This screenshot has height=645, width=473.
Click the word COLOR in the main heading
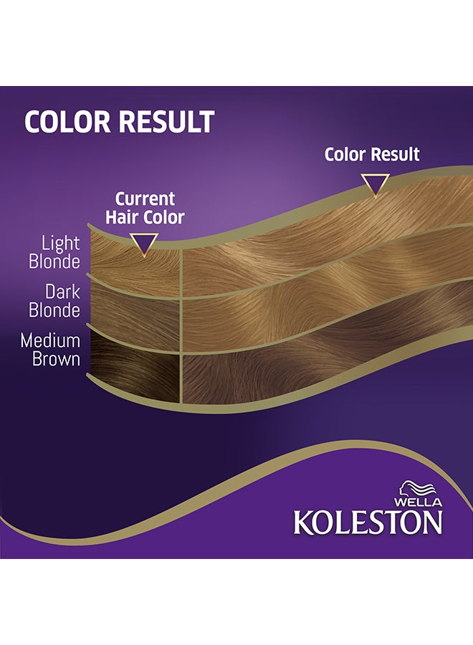pyautogui.click(x=68, y=121)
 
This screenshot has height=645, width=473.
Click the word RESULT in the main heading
pyautogui.click(x=166, y=121)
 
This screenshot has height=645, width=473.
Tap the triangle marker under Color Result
pyautogui.click(x=375, y=185)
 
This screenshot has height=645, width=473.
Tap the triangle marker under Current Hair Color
pyautogui.click(x=144, y=244)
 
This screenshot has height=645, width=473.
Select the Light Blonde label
pyautogui.click(x=54, y=252)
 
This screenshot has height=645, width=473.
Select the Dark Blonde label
pyautogui.click(x=54, y=301)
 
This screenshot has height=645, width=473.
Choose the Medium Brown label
pyautogui.click(x=50, y=350)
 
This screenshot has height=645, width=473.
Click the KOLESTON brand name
pyautogui.click(x=368, y=522)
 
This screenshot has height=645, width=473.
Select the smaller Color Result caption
pyautogui.click(x=372, y=155)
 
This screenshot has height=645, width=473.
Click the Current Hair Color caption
pyautogui.click(x=145, y=208)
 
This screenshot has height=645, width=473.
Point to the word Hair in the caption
pyautogui.click(x=122, y=217)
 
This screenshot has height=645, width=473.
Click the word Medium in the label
pyautogui.click(x=50, y=340)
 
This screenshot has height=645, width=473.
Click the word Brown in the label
pyautogui.click(x=57, y=359)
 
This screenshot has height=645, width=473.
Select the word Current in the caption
pyautogui.click(x=145, y=199)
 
